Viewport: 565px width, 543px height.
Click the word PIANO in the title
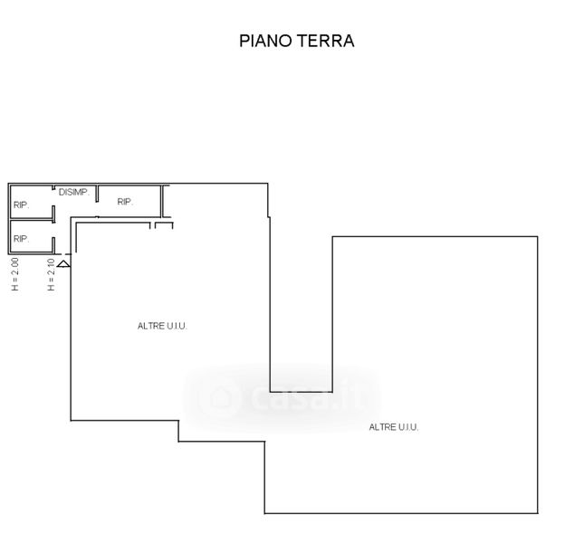point(265,41)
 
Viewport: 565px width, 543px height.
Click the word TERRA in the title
point(326,41)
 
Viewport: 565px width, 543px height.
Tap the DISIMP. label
point(74,192)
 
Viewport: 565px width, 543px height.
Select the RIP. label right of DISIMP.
point(125,202)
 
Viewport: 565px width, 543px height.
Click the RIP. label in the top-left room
point(21,205)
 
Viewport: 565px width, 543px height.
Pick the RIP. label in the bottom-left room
point(21,238)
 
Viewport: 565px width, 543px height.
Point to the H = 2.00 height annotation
point(14,274)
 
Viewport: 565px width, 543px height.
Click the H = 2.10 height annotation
point(52,274)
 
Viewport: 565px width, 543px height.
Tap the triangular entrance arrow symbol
point(63,264)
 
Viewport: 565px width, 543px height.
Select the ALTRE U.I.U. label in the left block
point(162,326)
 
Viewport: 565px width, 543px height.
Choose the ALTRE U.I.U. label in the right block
point(394,427)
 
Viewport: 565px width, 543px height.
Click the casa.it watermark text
point(306,396)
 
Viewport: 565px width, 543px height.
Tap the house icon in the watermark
point(221,397)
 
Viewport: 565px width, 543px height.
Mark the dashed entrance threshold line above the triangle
point(63,254)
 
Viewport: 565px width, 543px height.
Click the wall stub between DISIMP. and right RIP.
point(97,194)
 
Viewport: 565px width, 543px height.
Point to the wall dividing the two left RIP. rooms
point(32,219)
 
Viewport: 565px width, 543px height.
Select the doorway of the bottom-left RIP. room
point(53,231)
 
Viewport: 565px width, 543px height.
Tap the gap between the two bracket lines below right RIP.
point(153,225)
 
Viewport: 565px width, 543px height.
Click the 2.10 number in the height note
point(52,267)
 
